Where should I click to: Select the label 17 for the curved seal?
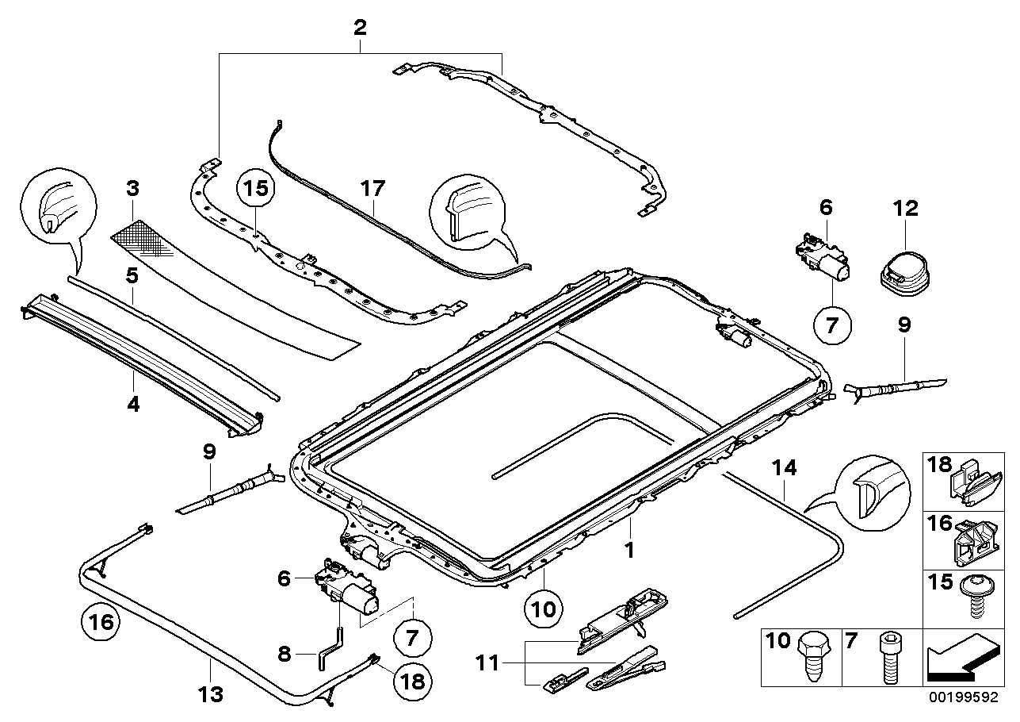(x=372, y=190)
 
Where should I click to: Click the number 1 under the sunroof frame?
(x=631, y=548)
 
